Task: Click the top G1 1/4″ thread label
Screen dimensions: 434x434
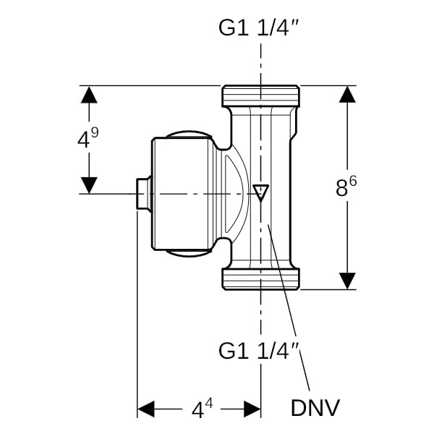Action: pos(260,28)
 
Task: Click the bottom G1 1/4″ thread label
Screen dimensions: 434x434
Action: pos(260,352)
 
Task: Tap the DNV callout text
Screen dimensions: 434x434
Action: pos(315,407)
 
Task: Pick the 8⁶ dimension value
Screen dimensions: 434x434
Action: pos(346,187)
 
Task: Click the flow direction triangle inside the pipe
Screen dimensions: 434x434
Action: pos(260,193)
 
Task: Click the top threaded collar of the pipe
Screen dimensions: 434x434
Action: pos(260,95)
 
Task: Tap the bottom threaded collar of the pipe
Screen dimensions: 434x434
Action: pos(260,278)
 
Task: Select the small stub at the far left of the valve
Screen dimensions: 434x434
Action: pos(144,194)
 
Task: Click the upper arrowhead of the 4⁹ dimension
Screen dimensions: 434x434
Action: pos(88,95)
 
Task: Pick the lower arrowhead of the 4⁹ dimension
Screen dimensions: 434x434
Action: pos(88,184)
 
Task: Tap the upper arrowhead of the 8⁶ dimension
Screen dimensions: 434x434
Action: pos(348,95)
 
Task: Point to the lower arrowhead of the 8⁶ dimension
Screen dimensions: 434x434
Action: pos(348,280)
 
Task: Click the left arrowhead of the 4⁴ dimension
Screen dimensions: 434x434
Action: pos(146,409)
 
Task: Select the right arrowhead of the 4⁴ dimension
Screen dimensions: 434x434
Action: pos(252,409)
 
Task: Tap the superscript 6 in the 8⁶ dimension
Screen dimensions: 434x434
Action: pos(354,181)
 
